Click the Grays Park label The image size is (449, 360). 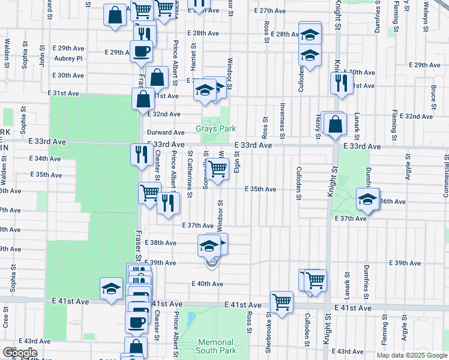click(216, 129)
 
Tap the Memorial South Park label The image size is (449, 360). click(215, 346)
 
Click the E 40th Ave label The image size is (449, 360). click(208, 284)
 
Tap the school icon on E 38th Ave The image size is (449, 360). click(209, 245)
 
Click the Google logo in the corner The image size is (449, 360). click(20, 353)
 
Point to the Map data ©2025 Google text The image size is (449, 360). click(412, 355)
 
